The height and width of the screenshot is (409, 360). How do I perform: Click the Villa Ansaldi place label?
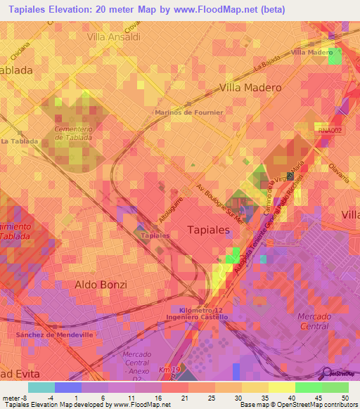tap(112, 36)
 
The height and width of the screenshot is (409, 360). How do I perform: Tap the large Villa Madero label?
tap(250, 88)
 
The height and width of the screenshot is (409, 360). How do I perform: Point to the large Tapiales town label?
tap(208, 230)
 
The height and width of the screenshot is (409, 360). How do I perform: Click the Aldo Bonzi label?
tap(101, 285)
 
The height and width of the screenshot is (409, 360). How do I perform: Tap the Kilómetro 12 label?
tap(201, 310)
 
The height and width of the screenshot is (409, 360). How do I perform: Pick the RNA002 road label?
tap(328, 130)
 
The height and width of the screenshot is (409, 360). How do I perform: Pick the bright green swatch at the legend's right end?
tap(335, 387)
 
